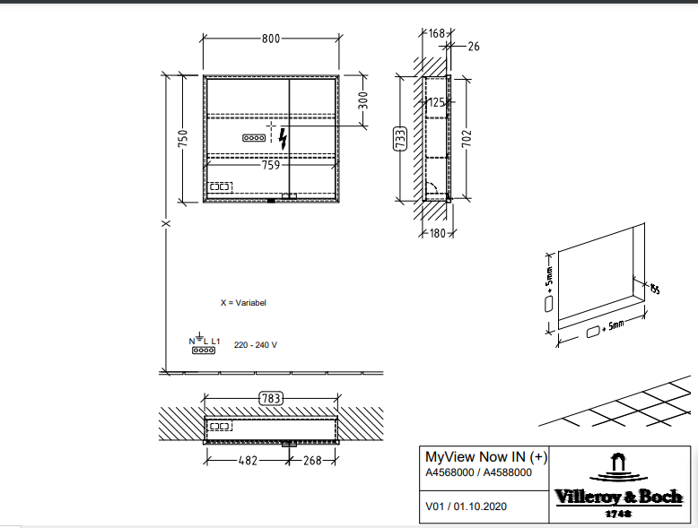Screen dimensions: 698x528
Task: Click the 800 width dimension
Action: click(270, 39)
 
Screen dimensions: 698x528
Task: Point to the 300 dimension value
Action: click(362, 100)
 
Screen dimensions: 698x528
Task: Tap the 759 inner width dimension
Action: click(270, 165)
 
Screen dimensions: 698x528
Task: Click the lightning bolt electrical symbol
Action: click(284, 139)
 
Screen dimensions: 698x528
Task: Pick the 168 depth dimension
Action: click(436, 33)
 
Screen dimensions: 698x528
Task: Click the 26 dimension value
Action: click(474, 46)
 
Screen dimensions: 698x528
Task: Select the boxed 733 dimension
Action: click(400, 139)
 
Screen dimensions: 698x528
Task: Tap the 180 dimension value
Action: click(437, 235)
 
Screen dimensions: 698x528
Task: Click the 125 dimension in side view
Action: click(435, 103)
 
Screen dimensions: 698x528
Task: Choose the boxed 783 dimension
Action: click(270, 398)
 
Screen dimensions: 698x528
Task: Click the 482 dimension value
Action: click(247, 461)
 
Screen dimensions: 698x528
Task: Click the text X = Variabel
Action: click(243, 303)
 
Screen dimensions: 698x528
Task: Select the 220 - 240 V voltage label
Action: click(256, 344)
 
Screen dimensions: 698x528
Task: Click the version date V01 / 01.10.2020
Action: click(466, 506)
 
